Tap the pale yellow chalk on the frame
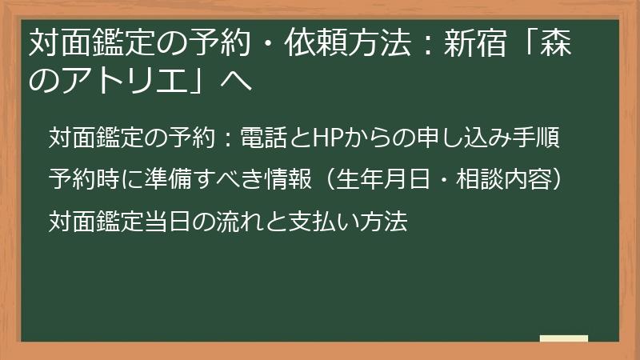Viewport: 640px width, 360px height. pos(563,338)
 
